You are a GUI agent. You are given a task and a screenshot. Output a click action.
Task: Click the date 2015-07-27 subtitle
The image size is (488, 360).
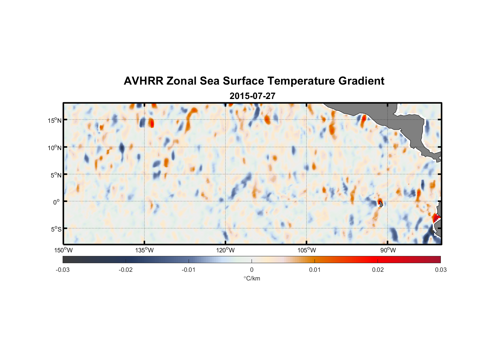coord(252,96)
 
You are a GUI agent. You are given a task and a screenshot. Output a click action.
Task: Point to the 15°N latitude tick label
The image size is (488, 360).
coord(55,120)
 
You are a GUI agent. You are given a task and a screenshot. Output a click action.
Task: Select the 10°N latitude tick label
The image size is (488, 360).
coord(55,148)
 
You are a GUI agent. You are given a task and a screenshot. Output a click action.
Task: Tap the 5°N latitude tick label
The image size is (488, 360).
coord(56,175)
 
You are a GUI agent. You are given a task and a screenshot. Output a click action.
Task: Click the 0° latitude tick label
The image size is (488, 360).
coord(57,202)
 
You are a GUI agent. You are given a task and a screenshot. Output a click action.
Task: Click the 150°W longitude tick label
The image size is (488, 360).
coord(63,250)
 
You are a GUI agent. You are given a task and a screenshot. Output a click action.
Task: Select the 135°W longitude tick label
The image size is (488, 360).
coord(144,250)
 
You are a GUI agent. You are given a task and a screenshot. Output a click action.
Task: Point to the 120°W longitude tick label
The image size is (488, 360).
coord(225,250)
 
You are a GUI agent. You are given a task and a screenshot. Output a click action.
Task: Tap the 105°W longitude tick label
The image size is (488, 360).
coord(307,250)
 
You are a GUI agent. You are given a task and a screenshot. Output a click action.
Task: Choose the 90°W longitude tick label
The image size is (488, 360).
coord(388,250)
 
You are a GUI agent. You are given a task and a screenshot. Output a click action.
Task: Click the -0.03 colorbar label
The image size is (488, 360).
coord(63,270)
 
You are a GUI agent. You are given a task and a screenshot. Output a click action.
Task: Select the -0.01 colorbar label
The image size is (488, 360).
coord(189,270)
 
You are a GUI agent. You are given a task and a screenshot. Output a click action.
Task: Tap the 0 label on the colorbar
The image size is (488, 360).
coord(252,270)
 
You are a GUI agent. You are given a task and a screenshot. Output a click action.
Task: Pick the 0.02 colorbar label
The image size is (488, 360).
coord(378,270)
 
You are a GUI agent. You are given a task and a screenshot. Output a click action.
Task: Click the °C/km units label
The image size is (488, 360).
coord(252,278)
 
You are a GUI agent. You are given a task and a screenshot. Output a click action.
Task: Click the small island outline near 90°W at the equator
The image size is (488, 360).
coord(381,204)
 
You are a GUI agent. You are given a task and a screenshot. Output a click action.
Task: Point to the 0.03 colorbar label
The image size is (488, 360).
coord(440,270)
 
